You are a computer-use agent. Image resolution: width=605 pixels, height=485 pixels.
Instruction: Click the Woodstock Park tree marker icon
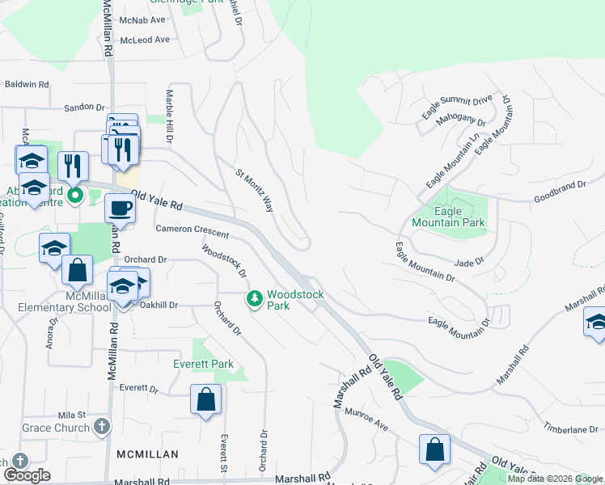click(256, 300)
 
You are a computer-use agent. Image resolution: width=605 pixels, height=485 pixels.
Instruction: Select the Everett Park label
click(203, 365)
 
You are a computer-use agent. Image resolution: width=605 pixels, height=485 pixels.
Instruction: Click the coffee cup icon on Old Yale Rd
click(120, 208)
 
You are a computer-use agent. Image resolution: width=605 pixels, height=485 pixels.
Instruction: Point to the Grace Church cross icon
click(102, 426)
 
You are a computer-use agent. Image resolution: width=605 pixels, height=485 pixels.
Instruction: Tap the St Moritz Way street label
click(254, 191)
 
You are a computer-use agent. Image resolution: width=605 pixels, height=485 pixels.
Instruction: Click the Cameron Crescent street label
click(192, 232)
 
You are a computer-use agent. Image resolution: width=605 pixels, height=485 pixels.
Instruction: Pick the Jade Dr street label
click(468, 262)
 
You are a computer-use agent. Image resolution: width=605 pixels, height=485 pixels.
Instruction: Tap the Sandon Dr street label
click(84, 107)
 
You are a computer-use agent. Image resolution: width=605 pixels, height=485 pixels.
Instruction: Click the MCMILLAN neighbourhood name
click(146, 454)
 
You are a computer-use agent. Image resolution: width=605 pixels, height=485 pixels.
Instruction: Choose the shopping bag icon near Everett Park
click(205, 399)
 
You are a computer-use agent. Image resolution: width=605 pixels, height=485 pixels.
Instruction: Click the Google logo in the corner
click(27, 475)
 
